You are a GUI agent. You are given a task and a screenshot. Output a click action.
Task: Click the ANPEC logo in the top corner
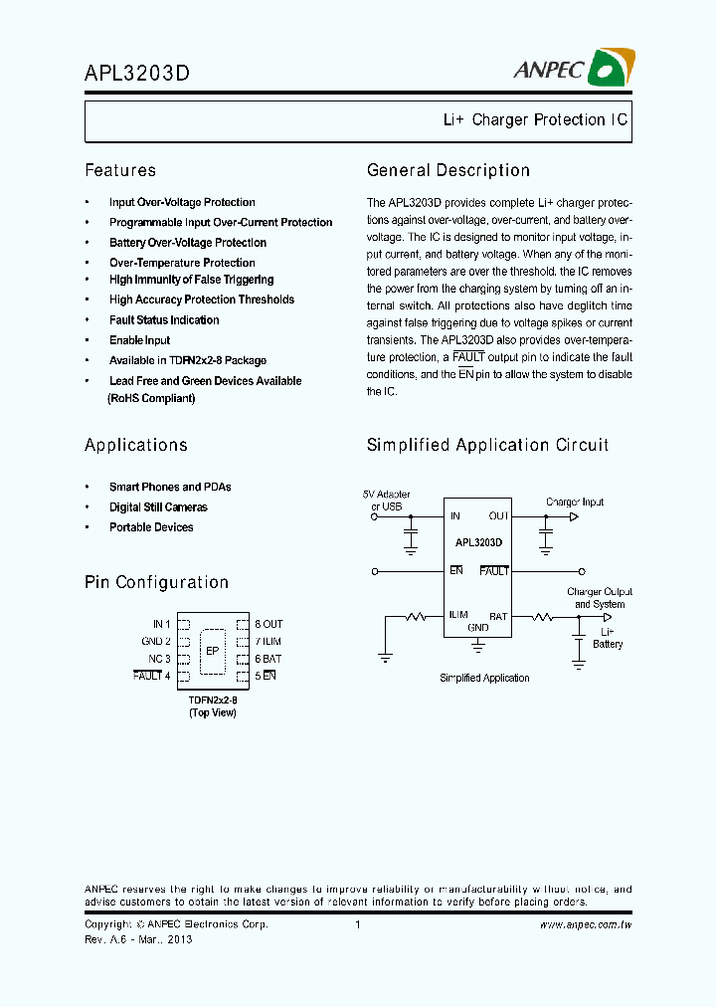[572, 68]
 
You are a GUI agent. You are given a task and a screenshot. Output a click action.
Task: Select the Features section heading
[120, 170]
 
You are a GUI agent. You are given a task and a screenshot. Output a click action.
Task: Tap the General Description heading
[447, 170]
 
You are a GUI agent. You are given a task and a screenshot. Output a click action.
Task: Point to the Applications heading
[136, 445]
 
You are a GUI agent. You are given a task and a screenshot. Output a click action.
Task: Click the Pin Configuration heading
[156, 582]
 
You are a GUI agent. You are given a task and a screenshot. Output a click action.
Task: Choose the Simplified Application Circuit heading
[487, 445]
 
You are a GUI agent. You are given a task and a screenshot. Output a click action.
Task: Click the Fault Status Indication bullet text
[164, 320]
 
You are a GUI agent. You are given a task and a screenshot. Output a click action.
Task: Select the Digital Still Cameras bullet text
[158, 507]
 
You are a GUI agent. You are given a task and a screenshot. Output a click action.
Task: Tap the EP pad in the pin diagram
[212, 651]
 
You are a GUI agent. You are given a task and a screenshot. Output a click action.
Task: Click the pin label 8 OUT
[268, 624]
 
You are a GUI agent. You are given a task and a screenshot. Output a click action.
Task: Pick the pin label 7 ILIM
[268, 642]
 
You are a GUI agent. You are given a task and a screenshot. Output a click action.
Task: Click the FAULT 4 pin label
[152, 677]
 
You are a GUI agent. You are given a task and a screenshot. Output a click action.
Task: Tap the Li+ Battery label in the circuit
[608, 638]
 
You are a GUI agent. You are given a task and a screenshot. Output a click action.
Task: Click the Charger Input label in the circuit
[575, 503]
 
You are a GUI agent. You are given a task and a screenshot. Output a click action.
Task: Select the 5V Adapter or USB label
[386, 501]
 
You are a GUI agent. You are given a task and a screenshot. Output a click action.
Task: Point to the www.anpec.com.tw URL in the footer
[586, 924]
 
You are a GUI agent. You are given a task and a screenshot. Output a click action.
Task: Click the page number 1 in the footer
[357, 924]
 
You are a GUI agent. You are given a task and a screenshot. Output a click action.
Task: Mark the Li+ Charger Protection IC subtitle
[535, 119]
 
